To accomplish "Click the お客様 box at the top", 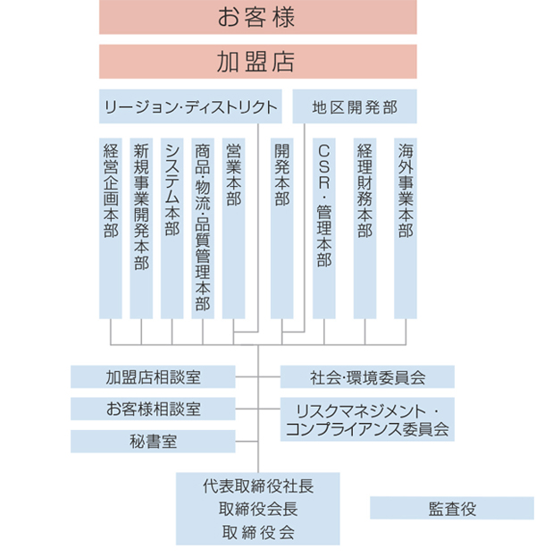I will [257, 17].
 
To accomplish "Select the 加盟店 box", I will [257, 62].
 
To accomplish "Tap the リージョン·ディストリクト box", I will [190, 107].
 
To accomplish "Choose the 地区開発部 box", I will [355, 107].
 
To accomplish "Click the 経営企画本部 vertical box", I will [111, 228].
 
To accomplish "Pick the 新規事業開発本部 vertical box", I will [141, 228].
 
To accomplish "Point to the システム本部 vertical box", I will [172, 228].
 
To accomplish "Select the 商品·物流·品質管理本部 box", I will [203, 228].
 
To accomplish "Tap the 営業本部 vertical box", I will [233, 228].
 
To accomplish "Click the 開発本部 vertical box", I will [282, 228].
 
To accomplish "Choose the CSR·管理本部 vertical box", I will [324, 228].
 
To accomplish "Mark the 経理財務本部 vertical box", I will [364, 228].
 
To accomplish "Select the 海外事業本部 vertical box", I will [405, 228].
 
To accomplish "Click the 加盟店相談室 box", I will [153, 376].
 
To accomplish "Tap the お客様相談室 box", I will [153, 409].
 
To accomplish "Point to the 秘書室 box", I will [153, 441].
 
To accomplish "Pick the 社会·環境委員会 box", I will [367, 376].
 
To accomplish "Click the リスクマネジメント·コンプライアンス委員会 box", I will [367, 419].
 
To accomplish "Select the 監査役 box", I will [452, 509].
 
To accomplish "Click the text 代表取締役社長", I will [257, 486].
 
